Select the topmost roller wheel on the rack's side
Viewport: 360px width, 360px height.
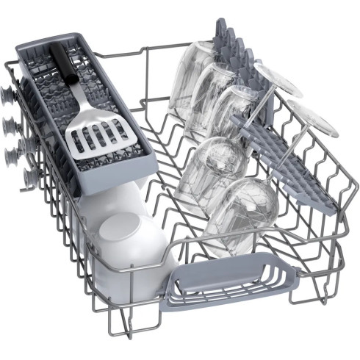[x=9, y=96]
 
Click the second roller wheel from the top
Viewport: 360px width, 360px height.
[x=10, y=126]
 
